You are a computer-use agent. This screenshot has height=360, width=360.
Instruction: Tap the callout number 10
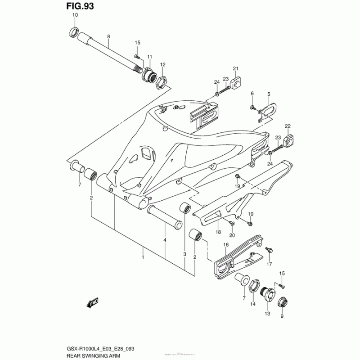click(75, 15)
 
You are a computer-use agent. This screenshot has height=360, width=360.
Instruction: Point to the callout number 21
click(235, 68)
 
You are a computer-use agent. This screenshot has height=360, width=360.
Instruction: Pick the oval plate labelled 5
click(269, 109)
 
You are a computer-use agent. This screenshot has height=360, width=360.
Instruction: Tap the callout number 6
click(252, 94)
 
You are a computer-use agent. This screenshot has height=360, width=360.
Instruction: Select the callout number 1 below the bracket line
click(143, 257)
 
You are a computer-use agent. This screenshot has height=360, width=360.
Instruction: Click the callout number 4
click(165, 240)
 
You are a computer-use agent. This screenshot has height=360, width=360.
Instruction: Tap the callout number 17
click(269, 264)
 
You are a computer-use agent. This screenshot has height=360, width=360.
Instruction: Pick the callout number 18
click(218, 232)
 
